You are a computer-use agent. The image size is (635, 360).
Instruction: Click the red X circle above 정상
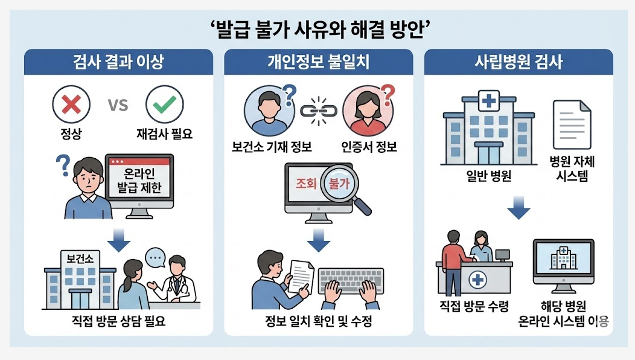coord(71,105)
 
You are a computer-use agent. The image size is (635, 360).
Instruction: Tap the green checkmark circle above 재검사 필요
coord(164,105)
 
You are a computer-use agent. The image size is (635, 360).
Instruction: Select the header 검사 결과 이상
coord(118,62)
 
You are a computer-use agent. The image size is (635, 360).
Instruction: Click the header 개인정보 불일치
coord(319,62)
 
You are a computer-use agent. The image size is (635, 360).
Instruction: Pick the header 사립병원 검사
coord(519,62)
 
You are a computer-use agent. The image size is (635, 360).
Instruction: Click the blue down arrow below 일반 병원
coord(519,208)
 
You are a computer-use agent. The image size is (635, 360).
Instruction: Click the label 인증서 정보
coord(369,146)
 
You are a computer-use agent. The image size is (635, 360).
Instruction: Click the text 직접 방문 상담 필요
coord(118,321)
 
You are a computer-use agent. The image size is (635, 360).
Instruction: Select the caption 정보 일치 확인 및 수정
coord(319,321)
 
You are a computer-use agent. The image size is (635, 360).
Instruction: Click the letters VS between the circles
coord(118,105)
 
